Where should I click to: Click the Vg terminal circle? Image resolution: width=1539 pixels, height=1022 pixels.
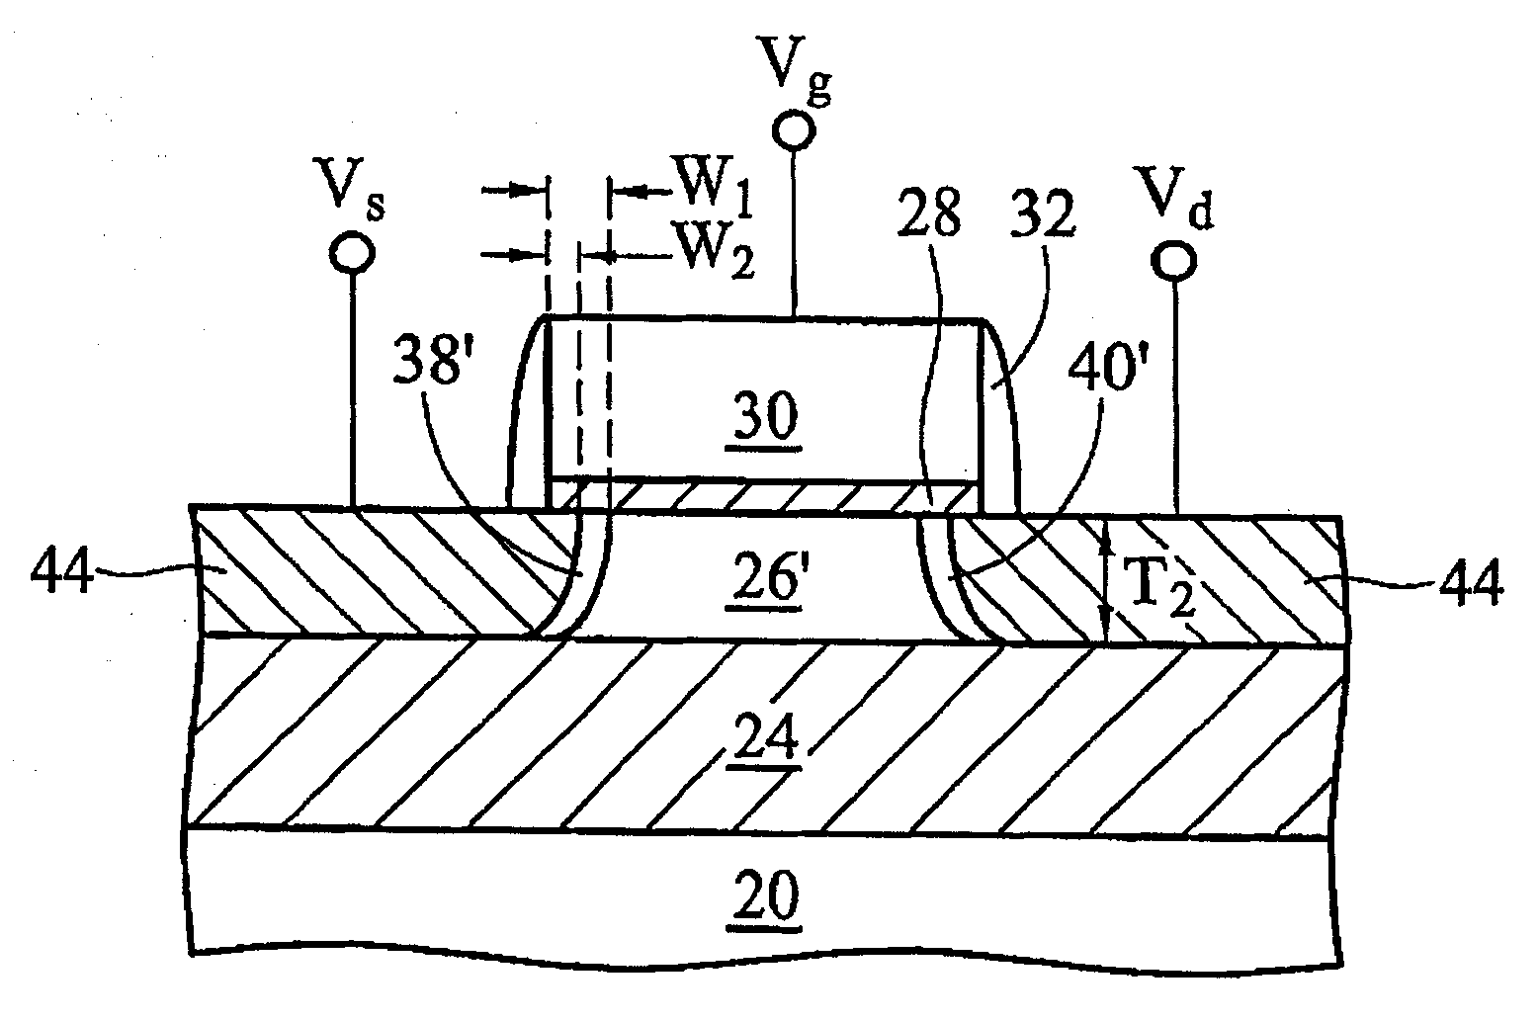[793, 128]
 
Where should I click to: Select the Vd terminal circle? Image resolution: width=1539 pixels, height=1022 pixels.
[1176, 260]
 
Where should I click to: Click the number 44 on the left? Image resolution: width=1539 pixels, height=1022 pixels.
[61, 573]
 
